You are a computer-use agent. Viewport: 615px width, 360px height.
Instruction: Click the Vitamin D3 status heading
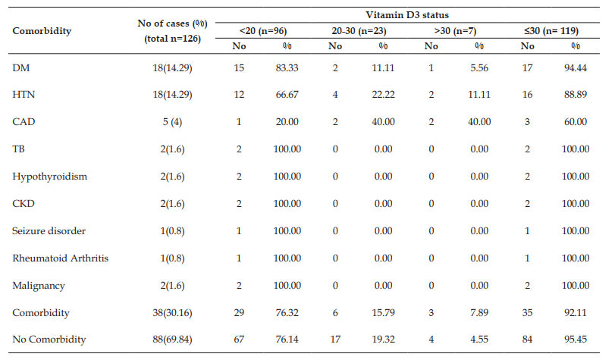(x=407, y=15)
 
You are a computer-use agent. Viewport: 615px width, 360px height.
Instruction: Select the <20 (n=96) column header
(x=263, y=31)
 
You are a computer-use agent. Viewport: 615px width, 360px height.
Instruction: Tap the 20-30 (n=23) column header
(x=359, y=31)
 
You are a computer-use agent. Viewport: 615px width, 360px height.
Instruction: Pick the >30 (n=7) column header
(x=455, y=31)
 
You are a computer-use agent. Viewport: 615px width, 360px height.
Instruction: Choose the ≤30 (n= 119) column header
(x=551, y=31)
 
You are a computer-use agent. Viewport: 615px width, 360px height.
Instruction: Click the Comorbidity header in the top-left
(x=42, y=31)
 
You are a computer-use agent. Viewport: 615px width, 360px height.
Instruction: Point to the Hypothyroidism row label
(x=50, y=177)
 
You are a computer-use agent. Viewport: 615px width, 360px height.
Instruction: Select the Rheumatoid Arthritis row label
(x=61, y=258)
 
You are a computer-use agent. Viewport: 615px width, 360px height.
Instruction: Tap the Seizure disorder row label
(x=49, y=230)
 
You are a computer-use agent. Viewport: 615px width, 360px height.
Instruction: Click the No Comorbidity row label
(x=49, y=340)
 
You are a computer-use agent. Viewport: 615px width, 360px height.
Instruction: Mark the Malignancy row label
(x=39, y=286)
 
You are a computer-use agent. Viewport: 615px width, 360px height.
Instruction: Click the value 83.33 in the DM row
(x=287, y=68)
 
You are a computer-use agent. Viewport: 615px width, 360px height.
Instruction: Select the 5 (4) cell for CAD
(x=173, y=122)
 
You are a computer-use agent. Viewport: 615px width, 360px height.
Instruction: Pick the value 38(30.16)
(x=173, y=312)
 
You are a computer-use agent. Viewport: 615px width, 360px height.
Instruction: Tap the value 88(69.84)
(x=173, y=340)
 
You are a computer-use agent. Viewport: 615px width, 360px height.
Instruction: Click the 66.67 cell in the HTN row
(x=287, y=95)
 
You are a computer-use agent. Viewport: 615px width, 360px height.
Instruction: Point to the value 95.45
(x=576, y=340)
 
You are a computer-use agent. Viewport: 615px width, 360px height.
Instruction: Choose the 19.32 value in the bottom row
(x=383, y=340)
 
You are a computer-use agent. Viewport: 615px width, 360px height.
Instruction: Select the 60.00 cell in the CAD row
(x=576, y=122)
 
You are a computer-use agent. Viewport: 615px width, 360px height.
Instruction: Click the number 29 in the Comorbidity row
(x=239, y=312)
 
